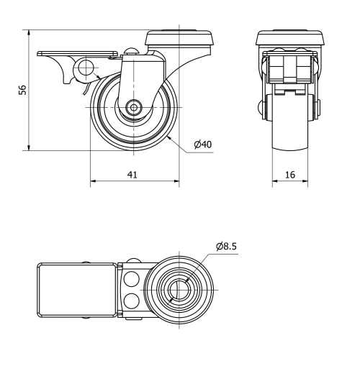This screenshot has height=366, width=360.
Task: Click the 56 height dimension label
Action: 22,90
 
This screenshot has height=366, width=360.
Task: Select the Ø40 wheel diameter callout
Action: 202,145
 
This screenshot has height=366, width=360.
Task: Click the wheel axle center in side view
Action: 135,107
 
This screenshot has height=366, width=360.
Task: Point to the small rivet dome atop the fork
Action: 131,51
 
